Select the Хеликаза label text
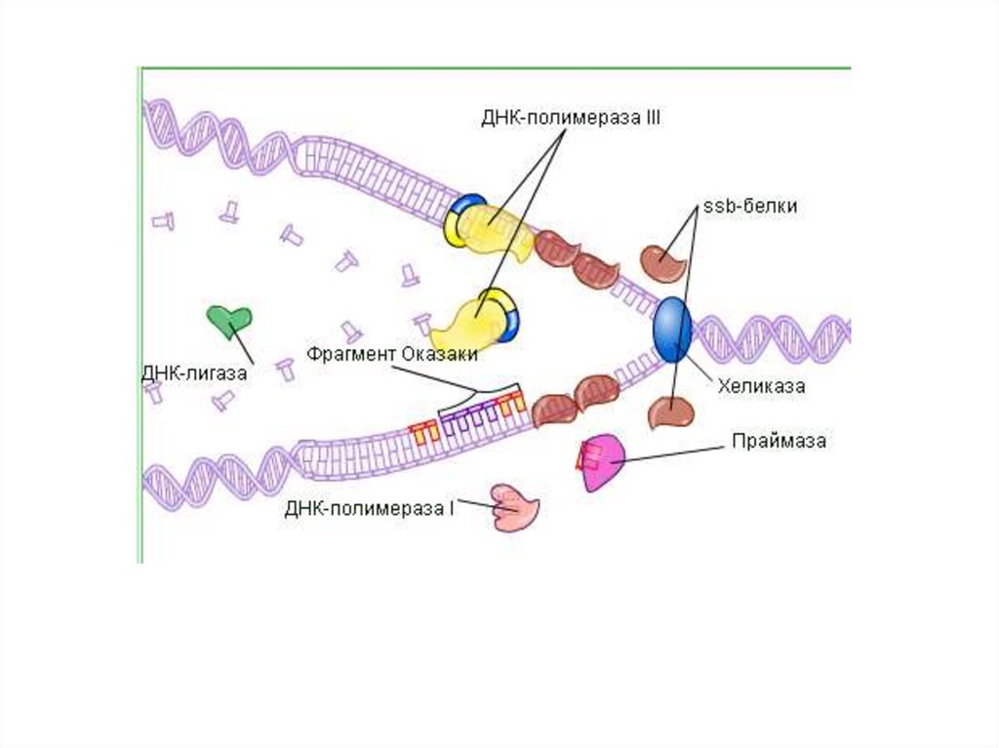pyautogui.click(x=761, y=386)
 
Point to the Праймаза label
pyautogui.click(x=779, y=441)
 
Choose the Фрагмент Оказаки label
pyautogui.click(x=391, y=353)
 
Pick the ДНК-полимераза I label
pyautogui.click(x=370, y=508)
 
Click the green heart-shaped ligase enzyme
pyautogui.click(x=229, y=320)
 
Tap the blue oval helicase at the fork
pyautogui.click(x=672, y=330)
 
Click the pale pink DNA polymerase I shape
pyautogui.click(x=514, y=507)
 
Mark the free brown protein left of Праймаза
pyautogui.click(x=671, y=413)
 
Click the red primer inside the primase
pyautogui.click(x=587, y=454)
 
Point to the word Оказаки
pyautogui.click(x=439, y=353)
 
